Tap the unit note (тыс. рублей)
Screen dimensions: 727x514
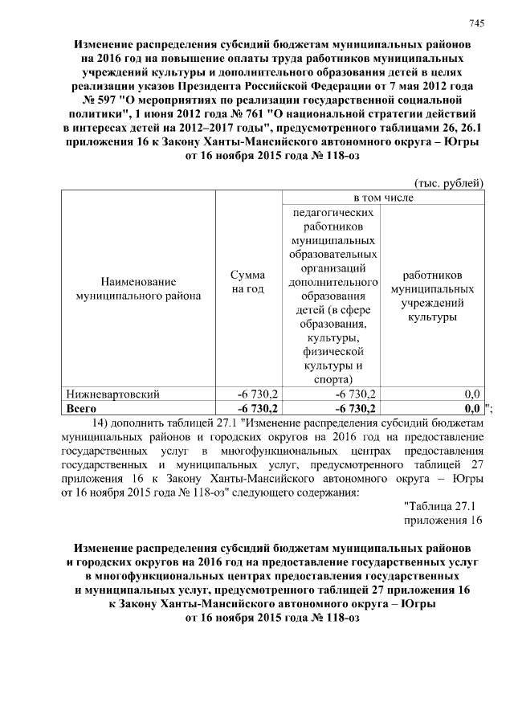click(x=448, y=182)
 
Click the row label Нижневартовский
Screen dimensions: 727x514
click(x=116, y=394)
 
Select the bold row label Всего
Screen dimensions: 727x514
click(x=80, y=408)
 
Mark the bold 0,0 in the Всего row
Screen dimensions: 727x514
click(x=471, y=408)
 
